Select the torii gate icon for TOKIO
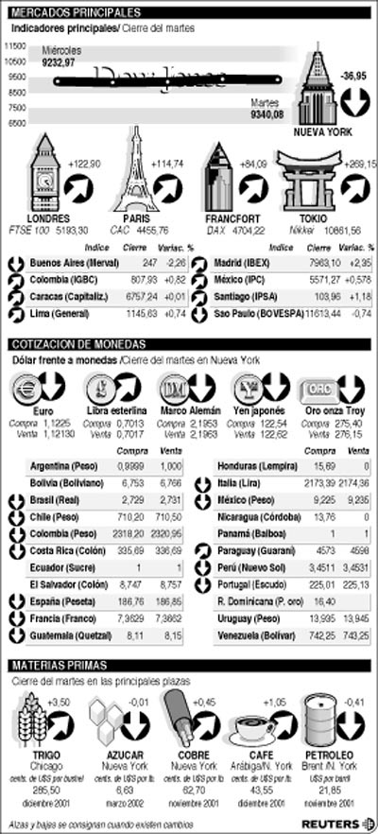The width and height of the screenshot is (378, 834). pos(303,181)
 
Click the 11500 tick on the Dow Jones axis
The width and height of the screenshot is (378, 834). pos(14,44)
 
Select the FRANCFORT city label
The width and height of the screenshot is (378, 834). pos(226,218)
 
